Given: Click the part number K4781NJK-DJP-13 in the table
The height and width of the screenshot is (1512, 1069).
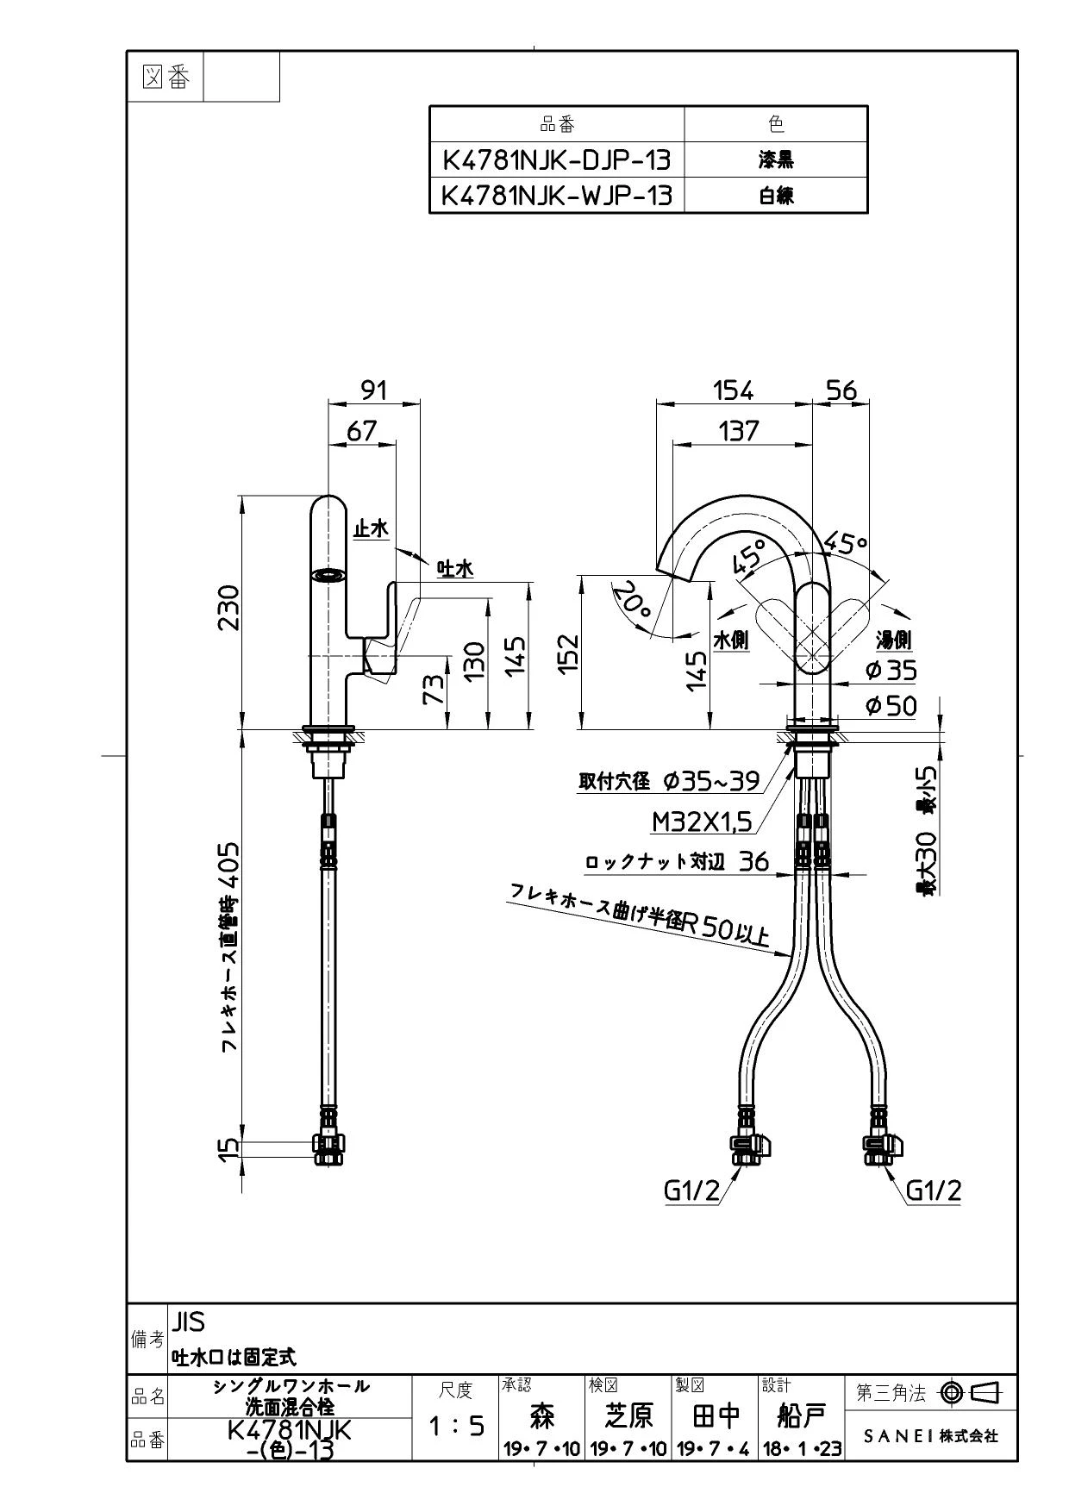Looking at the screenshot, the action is pyautogui.click(x=556, y=160).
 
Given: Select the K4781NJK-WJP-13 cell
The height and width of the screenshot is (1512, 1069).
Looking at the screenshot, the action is pyautogui.click(x=556, y=196).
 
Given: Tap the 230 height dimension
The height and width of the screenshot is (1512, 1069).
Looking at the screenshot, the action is pyautogui.click(x=228, y=608).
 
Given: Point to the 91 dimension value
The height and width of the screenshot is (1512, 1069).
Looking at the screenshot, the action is pyautogui.click(x=373, y=390).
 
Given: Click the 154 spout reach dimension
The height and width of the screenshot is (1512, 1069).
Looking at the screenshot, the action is pyautogui.click(x=734, y=390).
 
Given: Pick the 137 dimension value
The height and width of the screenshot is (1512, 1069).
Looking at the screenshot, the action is pyautogui.click(x=738, y=430).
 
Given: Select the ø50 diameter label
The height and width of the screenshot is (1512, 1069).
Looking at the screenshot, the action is pyautogui.click(x=891, y=706).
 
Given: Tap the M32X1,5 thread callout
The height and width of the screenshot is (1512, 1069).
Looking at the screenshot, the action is pyautogui.click(x=702, y=822).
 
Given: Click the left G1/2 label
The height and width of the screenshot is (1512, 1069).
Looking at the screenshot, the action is pyautogui.click(x=691, y=1190).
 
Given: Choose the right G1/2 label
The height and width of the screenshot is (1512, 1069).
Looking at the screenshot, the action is pyautogui.click(x=934, y=1190).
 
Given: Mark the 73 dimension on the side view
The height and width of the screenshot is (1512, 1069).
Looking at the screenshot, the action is pyautogui.click(x=437, y=689).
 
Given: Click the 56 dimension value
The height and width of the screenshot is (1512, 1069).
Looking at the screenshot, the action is pyautogui.click(x=841, y=390).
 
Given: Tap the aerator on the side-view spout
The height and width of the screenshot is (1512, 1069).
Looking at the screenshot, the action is pyautogui.click(x=328, y=576).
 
